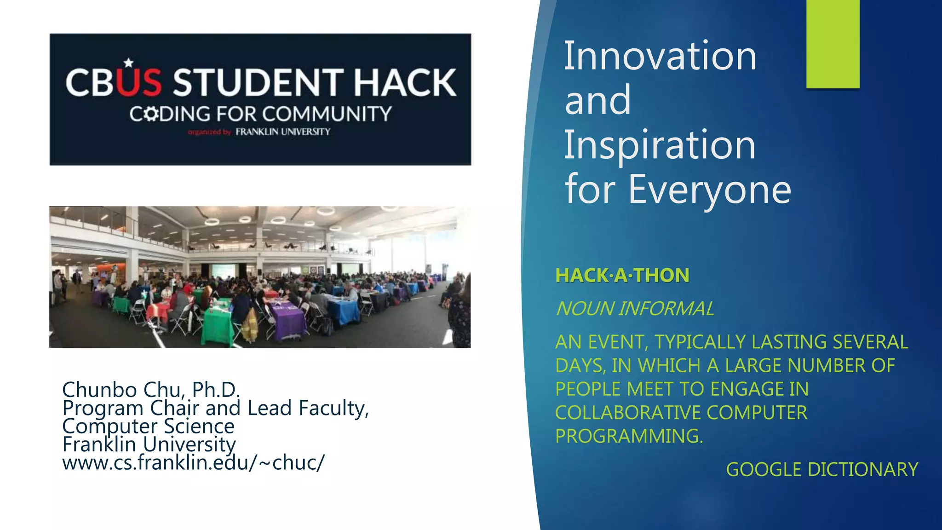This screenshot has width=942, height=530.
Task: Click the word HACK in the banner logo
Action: (405, 83)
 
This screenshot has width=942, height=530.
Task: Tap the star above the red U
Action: (129, 63)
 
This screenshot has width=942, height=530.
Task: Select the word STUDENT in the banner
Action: (258, 83)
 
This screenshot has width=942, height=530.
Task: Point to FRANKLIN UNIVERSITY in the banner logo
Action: (283, 132)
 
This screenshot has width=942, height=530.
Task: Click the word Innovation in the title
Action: (660, 56)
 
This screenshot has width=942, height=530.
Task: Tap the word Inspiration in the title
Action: (660, 145)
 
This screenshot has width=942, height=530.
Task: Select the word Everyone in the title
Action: (710, 189)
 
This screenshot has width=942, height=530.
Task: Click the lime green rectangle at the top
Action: (833, 44)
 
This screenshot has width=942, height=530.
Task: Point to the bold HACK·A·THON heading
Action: (622, 276)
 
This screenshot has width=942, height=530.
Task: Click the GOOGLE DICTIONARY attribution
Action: (822, 470)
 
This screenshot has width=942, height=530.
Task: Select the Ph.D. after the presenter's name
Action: (216, 390)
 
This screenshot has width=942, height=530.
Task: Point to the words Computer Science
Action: (148, 426)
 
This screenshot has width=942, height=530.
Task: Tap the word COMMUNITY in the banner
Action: (327, 114)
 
